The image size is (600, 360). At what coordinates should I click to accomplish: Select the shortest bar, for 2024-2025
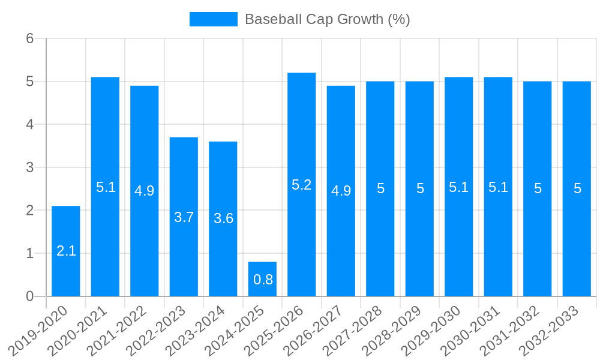262,279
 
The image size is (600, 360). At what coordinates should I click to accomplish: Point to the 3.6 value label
223,218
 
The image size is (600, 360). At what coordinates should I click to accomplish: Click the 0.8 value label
263,280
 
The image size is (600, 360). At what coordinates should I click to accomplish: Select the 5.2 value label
302,185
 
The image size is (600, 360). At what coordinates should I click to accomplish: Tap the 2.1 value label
66,251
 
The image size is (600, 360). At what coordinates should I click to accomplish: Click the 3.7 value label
184,217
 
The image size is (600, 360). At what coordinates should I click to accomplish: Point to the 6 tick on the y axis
29,38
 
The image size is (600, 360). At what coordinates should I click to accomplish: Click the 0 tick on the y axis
29,296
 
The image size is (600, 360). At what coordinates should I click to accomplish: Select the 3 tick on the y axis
29,167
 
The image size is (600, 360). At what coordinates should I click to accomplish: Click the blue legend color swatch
213,19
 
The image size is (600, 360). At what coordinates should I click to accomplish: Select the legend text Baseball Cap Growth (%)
327,19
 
